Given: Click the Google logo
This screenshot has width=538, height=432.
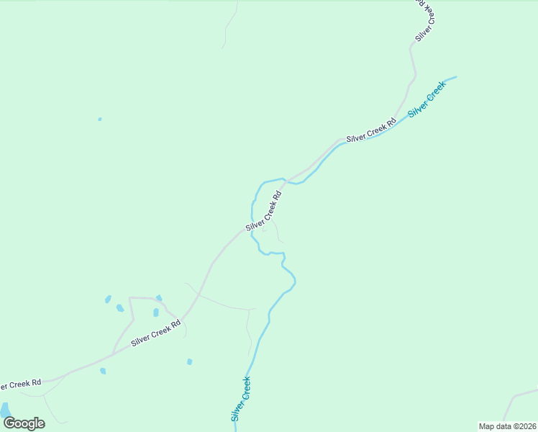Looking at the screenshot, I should (x=24, y=423).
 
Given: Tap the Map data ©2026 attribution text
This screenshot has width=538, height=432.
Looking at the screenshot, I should (x=508, y=426).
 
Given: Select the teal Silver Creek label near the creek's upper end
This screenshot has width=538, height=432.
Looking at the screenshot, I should (x=427, y=99).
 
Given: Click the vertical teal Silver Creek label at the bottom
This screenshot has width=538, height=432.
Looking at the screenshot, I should (x=241, y=399).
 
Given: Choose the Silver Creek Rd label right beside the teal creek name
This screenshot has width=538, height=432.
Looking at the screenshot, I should (x=371, y=127).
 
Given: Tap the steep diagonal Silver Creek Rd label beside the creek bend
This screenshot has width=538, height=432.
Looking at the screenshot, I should (x=263, y=211).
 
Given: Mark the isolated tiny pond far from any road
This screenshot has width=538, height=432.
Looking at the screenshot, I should (x=100, y=119).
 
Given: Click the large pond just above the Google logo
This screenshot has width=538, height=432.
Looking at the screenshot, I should (x=6, y=410).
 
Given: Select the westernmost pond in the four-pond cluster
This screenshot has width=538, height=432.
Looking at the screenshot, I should (x=108, y=299).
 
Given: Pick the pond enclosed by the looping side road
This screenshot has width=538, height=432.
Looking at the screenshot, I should (x=155, y=312).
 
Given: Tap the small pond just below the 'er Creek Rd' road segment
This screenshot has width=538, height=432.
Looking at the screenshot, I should (x=103, y=371).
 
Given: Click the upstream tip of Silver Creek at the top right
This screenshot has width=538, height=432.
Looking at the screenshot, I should (x=455, y=77).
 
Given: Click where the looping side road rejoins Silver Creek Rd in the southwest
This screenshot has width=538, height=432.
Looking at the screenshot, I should (x=113, y=353).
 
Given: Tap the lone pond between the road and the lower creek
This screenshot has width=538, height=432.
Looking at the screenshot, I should (x=189, y=361).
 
